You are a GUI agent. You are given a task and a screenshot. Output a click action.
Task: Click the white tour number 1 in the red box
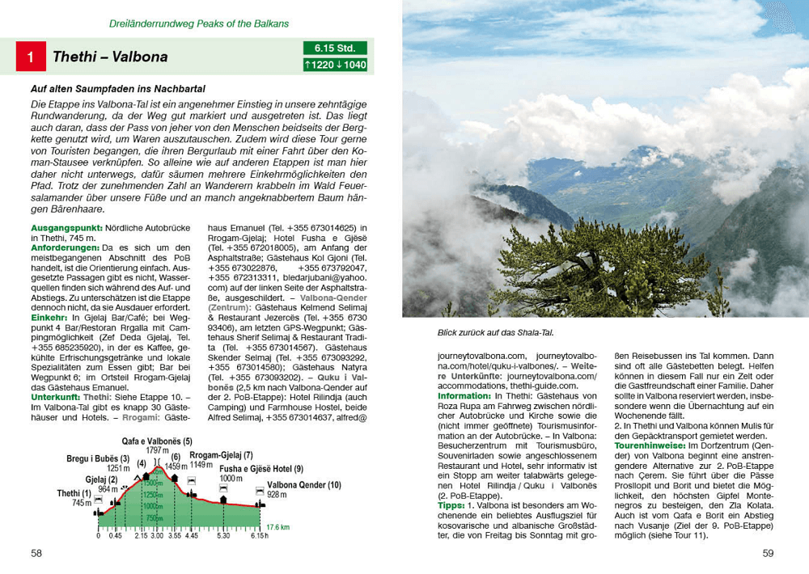(x=31, y=57)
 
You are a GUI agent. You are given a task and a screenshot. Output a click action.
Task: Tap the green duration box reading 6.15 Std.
(x=335, y=49)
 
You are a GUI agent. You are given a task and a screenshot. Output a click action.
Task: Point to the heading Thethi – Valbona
(x=110, y=57)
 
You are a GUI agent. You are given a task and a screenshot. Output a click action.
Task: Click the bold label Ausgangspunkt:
(x=62, y=229)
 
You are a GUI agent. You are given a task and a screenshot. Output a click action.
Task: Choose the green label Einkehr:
(x=49, y=319)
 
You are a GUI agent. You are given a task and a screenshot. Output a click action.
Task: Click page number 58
(x=36, y=553)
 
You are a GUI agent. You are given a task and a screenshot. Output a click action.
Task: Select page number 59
(x=768, y=553)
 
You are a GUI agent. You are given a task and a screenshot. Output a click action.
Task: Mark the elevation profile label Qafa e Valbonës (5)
(x=157, y=441)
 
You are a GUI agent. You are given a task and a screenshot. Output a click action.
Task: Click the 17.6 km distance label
(x=278, y=527)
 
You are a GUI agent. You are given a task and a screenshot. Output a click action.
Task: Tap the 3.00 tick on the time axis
(x=156, y=535)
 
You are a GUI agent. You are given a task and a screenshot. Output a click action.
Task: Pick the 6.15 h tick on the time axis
(x=259, y=535)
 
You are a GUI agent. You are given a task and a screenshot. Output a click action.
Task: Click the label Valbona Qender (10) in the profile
(x=304, y=485)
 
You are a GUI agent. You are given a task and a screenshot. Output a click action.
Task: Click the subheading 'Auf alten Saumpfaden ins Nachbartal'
(x=118, y=88)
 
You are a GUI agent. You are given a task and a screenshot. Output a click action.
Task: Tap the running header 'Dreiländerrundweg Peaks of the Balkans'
(x=199, y=23)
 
